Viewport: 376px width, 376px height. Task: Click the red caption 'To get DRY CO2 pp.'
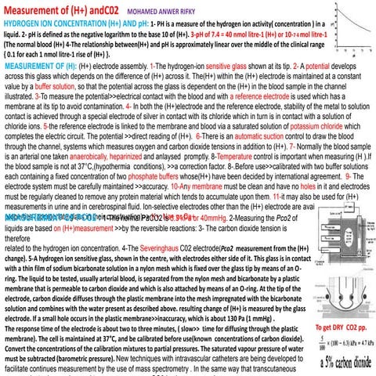pyautogui.click(x=340, y=325)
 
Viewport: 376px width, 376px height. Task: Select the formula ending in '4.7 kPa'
pyautogui.click(x=344, y=342)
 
